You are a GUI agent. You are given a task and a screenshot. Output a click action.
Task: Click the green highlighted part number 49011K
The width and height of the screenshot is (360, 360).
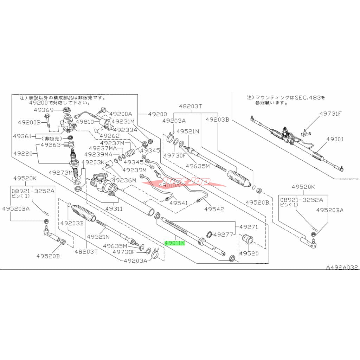coord(175,243)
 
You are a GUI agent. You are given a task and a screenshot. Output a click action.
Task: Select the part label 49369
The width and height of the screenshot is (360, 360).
coord(44,110)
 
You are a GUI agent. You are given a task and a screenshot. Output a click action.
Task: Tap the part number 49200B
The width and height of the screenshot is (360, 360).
coord(30,122)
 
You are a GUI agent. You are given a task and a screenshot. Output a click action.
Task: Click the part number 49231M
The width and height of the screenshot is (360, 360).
coord(123,122)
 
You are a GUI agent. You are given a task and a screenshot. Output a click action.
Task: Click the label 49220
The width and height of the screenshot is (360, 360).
coord(24,153)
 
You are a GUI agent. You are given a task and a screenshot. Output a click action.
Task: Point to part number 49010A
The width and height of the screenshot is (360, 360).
coord(169,185)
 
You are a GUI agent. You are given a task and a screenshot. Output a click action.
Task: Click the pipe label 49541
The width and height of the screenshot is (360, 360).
coord(180,203)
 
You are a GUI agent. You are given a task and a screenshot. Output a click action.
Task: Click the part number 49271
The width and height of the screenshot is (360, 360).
coord(249,227)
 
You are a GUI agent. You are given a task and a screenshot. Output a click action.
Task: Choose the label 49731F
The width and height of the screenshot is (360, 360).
coord(330,114)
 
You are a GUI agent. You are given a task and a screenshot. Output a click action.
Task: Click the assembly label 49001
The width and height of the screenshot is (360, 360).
coord(334,139)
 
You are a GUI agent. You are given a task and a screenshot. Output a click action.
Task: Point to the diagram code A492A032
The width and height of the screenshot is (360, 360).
coord(342,268)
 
